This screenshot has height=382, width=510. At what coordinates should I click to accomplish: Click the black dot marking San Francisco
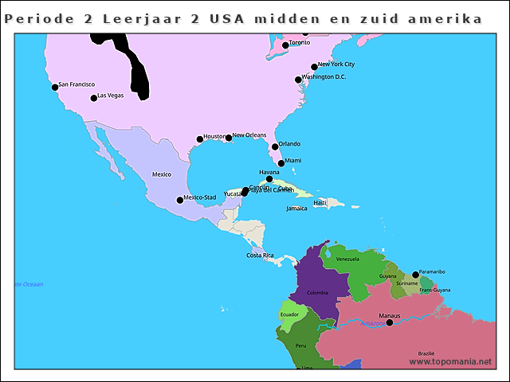tap(55, 88)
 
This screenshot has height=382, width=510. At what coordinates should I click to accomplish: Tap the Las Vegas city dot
tap(94, 98)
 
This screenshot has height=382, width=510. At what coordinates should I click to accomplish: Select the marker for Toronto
tap(285, 45)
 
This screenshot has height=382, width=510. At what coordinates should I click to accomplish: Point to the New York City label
tap(336, 64)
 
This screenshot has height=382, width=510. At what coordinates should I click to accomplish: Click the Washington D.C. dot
tap(298, 80)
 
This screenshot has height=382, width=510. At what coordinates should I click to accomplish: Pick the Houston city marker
tap(200, 139)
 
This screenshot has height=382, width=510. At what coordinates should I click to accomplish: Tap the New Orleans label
tap(249, 135)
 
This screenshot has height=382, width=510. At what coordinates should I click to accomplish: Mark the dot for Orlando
tap(275, 146)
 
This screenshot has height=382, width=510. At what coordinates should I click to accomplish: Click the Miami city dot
tap(280, 163)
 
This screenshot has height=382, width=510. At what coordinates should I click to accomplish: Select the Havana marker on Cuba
tap(269, 179)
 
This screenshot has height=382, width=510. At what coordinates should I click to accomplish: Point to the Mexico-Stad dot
tap(180, 200)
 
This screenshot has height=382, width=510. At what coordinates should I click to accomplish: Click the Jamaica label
tap(296, 209)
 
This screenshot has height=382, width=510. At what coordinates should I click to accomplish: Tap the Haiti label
tap(320, 203)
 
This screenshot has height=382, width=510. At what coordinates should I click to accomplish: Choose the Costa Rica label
tap(260, 255)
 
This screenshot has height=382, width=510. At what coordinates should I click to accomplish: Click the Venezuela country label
tap(348, 259)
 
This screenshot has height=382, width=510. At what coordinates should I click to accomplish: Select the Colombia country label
tap(317, 293)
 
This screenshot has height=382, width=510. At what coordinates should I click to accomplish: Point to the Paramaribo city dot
tap(415, 275)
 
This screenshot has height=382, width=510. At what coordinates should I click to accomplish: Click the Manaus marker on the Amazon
tap(390, 322)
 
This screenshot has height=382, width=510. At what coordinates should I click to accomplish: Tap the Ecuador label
tap(289, 314)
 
